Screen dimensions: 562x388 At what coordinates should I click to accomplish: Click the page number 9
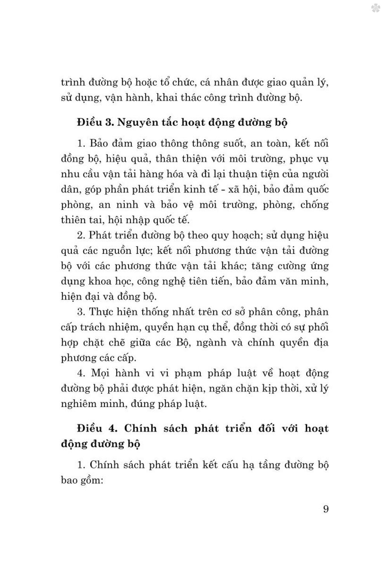[326, 509]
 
